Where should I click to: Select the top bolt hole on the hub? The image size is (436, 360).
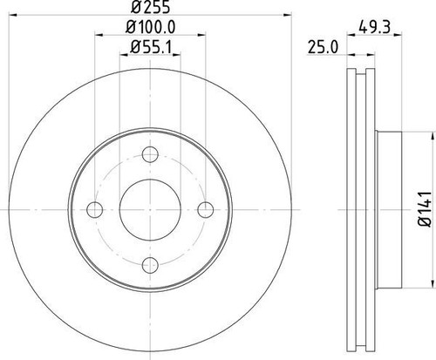point(149,154)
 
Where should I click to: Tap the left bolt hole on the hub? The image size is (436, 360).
point(94,208)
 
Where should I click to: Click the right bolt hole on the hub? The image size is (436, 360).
point(205,208)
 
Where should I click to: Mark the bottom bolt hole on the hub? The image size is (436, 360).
point(149,262)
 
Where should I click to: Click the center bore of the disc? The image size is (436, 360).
point(149,208)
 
